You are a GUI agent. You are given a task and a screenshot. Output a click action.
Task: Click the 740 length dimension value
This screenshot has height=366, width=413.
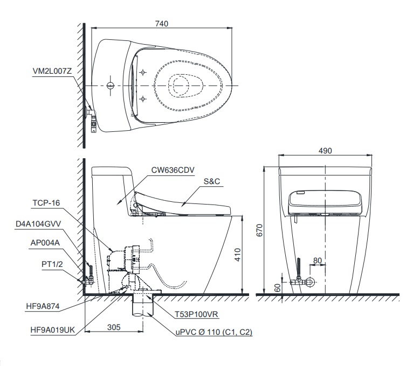162,24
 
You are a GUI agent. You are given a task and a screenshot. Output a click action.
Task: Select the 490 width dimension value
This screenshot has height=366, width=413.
326,150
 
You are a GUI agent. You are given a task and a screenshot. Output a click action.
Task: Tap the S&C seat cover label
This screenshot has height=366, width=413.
212,181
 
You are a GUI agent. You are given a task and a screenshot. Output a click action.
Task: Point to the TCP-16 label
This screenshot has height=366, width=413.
45,202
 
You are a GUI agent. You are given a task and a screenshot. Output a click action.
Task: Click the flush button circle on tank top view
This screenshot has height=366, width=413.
111,85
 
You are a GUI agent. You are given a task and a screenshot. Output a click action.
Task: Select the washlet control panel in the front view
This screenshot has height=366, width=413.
325,200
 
